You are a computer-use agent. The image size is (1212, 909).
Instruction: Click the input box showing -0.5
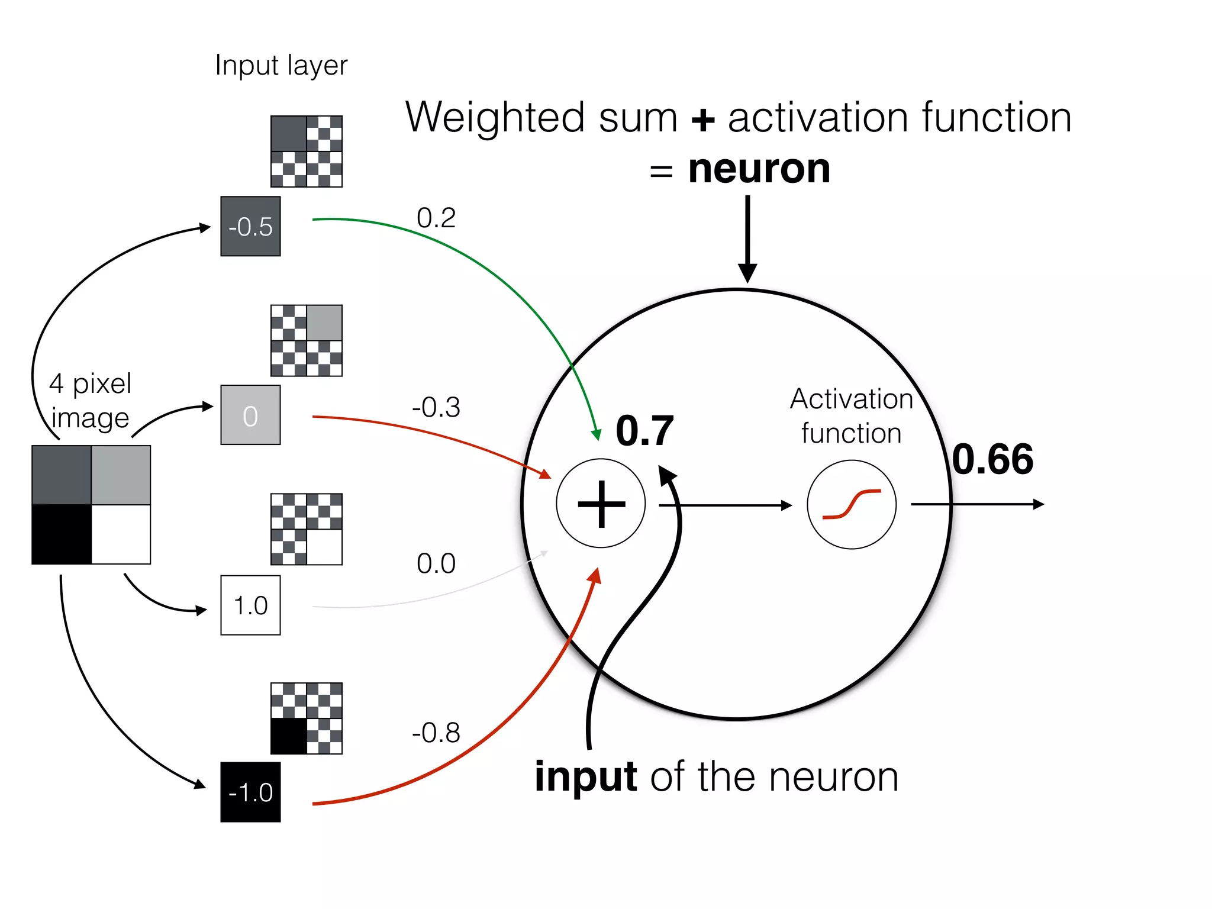pos(250,226)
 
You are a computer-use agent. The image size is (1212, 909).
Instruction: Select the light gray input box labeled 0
pos(250,415)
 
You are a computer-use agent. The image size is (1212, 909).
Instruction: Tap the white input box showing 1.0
pos(250,605)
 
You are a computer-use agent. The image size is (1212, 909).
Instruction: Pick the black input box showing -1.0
pos(250,792)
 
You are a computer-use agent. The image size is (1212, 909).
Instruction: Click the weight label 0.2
pos(436,218)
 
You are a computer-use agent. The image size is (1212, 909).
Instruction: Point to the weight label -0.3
pos(436,407)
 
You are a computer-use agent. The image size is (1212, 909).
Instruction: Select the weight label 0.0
pos(436,563)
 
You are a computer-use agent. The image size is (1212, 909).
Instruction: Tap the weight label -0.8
pos(436,733)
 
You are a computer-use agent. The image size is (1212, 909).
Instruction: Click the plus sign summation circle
pos(601,504)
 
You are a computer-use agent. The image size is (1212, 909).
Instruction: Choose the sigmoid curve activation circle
pos(852,505)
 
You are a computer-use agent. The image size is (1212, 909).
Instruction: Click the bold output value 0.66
pos(993,459)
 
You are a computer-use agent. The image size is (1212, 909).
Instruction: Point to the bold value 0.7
pos(644,431)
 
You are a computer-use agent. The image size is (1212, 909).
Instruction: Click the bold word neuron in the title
pos(759,169)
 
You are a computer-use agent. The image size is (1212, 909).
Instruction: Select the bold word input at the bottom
pos(586,776)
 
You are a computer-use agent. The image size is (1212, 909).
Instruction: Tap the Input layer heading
pos(281,65)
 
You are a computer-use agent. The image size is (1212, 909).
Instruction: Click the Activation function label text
pos(852,415)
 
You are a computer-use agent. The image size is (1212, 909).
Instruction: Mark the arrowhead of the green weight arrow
pos(597,434)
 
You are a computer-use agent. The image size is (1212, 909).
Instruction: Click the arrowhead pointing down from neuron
pos(747,273)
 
